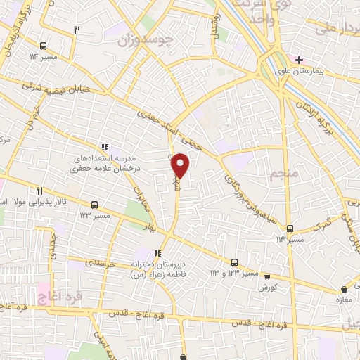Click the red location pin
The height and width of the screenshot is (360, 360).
click(181, 165)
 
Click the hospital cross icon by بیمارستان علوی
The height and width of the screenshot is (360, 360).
click(300, 60)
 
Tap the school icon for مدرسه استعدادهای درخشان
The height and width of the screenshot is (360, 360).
click(104, 147)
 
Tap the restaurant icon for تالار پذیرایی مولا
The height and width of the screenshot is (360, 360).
click(39, 191)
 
